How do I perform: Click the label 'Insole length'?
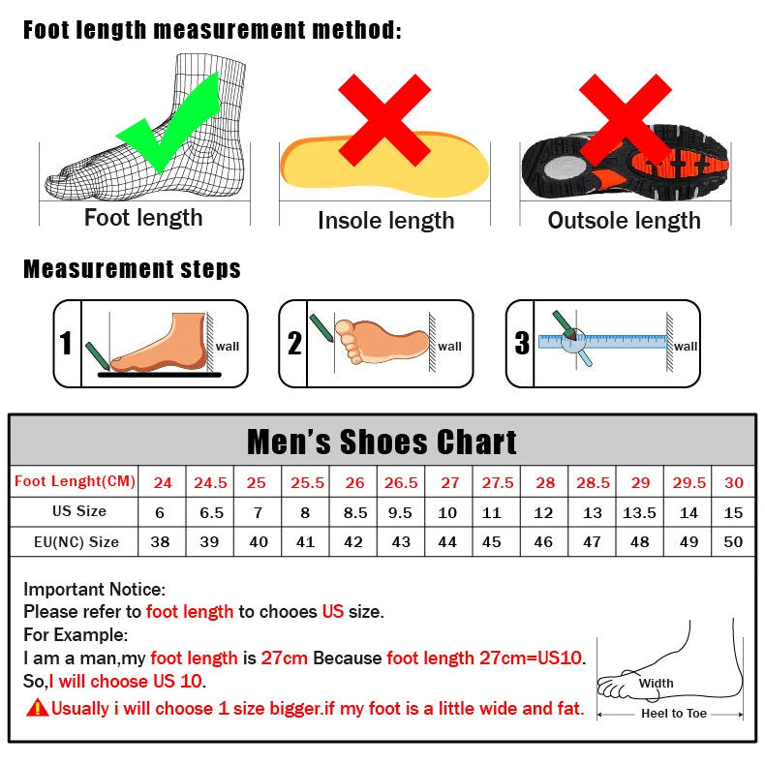click(x=385, y=221)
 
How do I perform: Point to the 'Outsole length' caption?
click(x=624, y=221)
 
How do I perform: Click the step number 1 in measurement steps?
click(x=66, y=344)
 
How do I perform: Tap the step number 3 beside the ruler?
click(x=522, y=344)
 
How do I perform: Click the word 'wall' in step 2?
click(x=449, y=346)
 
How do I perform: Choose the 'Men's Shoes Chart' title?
click(x=382, y=442)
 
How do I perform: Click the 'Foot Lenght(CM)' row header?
click(x=76, y=481)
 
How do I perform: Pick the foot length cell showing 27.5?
click(x=498, y=482)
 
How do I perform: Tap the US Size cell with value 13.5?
click(x=639, y=512)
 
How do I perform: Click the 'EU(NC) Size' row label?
click(x=76, y=542)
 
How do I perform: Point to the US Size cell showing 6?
click(x=161, y=512)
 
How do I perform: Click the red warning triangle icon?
click(x=38, y=708)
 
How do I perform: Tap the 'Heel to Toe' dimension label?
click(x=674, y=714)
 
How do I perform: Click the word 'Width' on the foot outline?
click(x=656, y=683)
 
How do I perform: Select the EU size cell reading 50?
click(x=733, y=542)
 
